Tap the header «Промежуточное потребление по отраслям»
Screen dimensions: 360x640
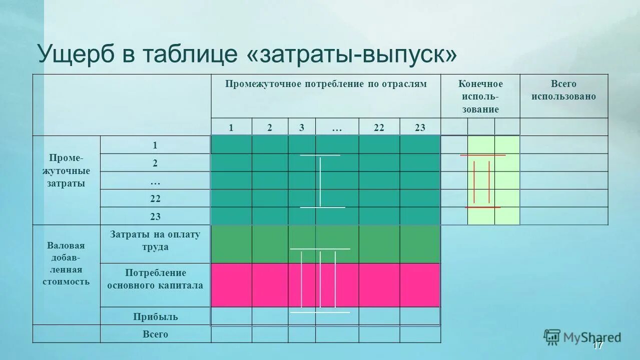pyautogui.click(x=326, y=84)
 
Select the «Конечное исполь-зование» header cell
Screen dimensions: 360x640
pyautogui.click(x=480, y=96)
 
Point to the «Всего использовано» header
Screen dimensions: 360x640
pyautogui.click(x=563, y=90)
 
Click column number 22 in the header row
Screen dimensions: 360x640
pyautogui.click(x=379, y=127)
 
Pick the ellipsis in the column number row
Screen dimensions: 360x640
pyautogui.click(x=336, y=127)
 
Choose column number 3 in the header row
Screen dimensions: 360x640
pyautogui.click(x=302, y=127)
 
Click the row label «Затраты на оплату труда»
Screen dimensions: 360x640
pyautogui.click(x=155, y=240)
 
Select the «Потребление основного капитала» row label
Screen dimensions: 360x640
pyautogui.click(x=155, y=279)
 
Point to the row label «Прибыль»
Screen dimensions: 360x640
pyautogui.click(x=155, y=316)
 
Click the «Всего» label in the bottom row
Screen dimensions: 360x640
pyautogui.click(x=155, y=334)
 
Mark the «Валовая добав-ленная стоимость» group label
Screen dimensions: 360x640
pyautogui.click(x=66, y=263)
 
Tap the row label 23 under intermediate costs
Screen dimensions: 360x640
pyautogui.click(x=155, y=216)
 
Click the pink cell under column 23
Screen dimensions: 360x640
pyautogui.click(x=420, y=285)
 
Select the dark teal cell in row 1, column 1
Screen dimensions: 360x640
pyautogui.click(x=231, y=144)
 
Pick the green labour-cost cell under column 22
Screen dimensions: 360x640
pyautogui.click(x=379, y=244)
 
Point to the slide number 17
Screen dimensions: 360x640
pyautogui.click(x=597, y=345)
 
